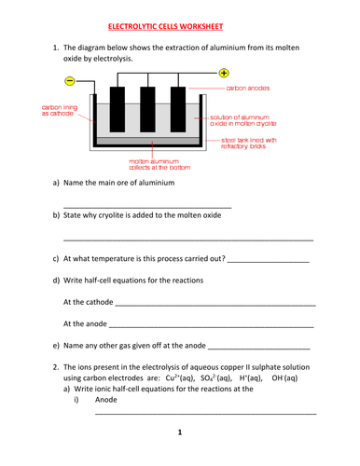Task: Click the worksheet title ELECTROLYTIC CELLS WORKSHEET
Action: [165, 27]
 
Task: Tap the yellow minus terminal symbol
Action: [70, 81]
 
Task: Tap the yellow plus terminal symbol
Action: [224, 73]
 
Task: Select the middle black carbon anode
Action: [147, 109]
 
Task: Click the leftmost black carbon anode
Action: [118, 109]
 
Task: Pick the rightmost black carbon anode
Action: [178, 109]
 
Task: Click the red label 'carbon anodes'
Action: [248, 89]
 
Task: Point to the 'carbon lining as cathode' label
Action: [60, 110]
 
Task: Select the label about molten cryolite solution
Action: [243, 120]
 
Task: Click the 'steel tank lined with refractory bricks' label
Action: [249, 144]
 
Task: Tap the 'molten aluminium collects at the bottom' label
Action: [159, 164]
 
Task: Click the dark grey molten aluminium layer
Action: [148, 141]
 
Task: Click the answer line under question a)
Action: [147, 208]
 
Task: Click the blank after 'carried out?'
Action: [269, 262]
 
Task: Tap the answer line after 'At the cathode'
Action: [215, 306]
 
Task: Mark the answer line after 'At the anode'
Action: [212, 327]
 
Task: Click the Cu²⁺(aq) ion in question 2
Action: [180, 378]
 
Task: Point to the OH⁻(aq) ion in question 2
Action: [284, 378]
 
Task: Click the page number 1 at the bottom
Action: [180, 432]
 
